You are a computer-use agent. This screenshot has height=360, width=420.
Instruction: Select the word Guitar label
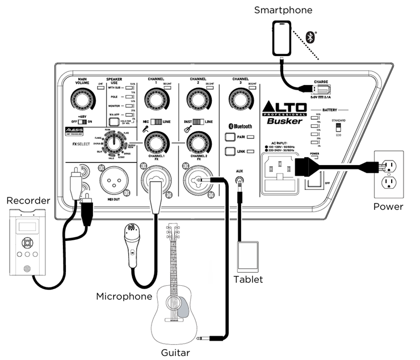point(174,351)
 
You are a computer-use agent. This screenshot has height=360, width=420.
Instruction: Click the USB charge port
point(320,89)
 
